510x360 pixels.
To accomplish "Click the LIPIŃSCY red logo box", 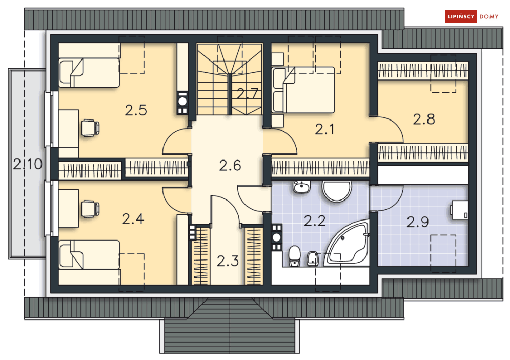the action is tap(461, 16).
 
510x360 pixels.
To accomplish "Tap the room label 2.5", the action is tap(136, 110).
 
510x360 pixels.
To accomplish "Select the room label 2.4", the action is tap(133, 219).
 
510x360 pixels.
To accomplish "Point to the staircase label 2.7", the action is tap(248, 94).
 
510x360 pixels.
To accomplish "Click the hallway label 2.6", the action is tap(230, 165).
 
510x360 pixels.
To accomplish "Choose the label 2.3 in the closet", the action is tap(228, 261).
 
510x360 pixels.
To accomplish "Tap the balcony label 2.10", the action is tap(28, 164).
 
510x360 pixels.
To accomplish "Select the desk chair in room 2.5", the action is tap(90, 128).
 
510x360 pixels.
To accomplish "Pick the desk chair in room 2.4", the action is tap(90, 209).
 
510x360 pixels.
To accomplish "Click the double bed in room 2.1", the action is tap(303, 90).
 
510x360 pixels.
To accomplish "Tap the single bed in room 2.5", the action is tap(89, 73).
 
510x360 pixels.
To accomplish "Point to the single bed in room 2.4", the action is tap(89, 254).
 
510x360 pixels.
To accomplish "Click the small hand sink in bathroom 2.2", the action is tap(301, 187).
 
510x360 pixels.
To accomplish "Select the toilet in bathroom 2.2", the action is tap(295, 256).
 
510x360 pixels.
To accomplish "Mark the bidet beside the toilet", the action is tap(312, 258).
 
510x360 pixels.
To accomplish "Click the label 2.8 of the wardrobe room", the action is tap(424, 119).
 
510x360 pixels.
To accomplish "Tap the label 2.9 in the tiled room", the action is tap(418, 223).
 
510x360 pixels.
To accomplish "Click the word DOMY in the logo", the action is tap(489, 16).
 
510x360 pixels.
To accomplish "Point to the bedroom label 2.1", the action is tap(324, 130).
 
